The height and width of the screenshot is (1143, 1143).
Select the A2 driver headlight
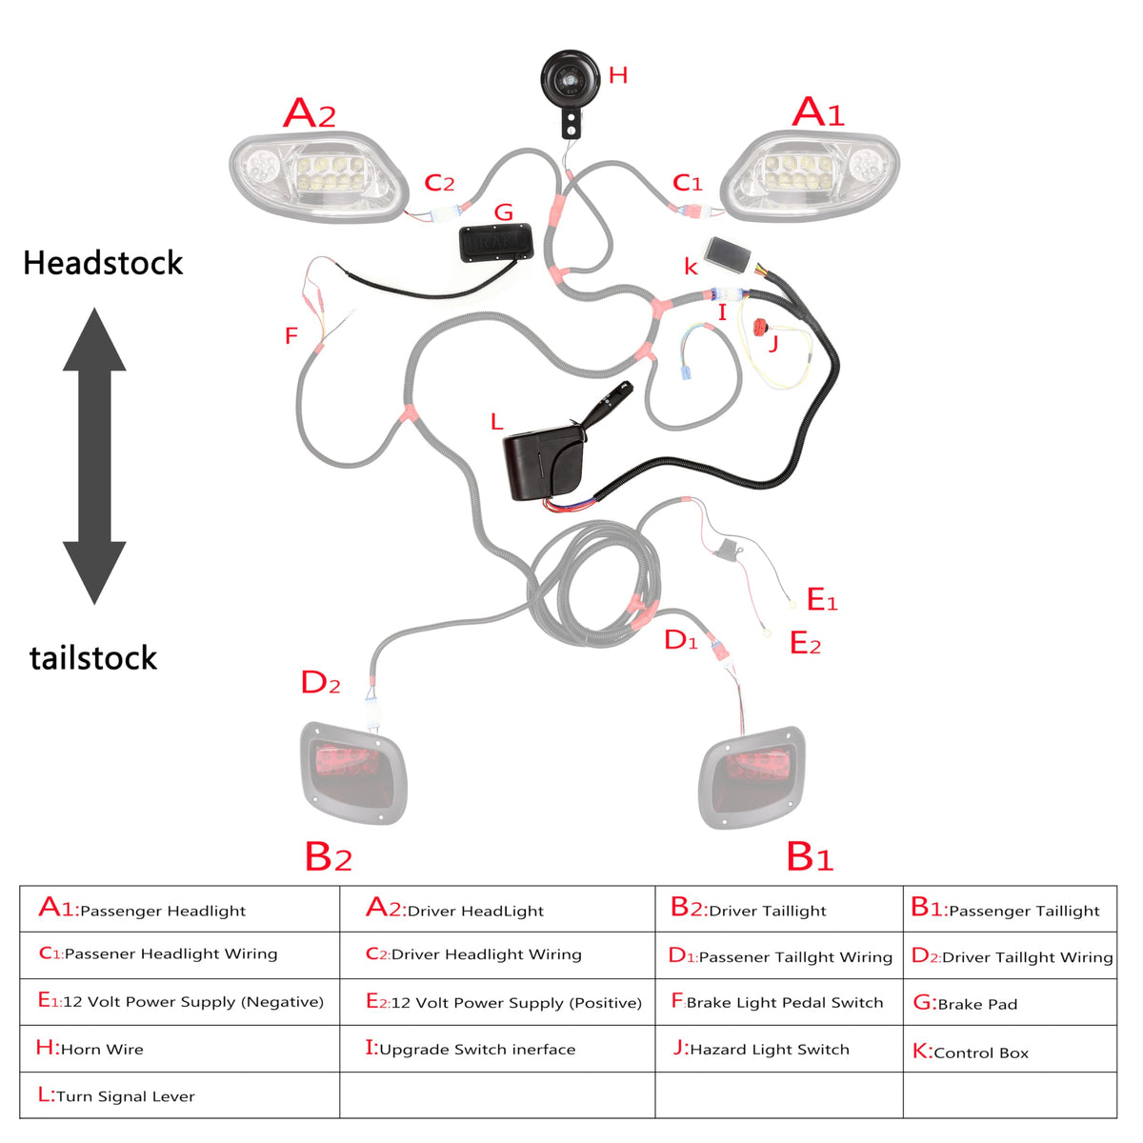(x=319, y=176)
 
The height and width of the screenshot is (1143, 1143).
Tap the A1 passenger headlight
(x=810, y=176)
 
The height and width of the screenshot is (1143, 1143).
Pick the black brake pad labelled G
(x=496, y=242)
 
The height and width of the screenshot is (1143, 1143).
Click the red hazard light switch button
(x=760, y=328)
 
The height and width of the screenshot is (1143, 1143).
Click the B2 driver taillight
(x=354, y=772)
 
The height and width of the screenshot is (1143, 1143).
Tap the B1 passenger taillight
(x=752, y=777)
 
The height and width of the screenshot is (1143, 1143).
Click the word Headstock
(x=103, y=263)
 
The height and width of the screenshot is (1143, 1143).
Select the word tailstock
(x=93, y=658)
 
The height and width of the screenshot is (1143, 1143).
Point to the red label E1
(x=822, y=600)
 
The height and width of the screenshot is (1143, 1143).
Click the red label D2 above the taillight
(x=320, y=682)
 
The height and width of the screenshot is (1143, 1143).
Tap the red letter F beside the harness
(x=291, y=336)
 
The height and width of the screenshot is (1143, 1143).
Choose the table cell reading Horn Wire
(x=180, y=1048)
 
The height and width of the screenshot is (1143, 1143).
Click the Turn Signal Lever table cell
(x=180, y=1095)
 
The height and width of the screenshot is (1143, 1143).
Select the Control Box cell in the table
(x=1010, y=1048)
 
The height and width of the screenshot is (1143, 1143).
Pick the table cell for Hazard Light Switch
(x=779, y=1048)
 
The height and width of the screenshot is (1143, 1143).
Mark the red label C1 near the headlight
(x=687, y=183)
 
